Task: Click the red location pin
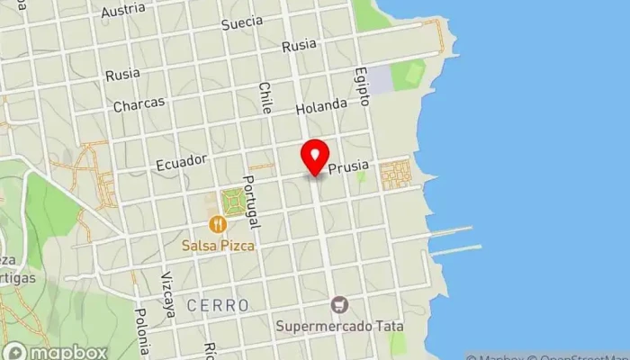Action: tap(315, 157)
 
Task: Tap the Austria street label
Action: tap(124, 11)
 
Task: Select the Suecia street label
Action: tap(242, 22)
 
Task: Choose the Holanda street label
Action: tap(321, 106)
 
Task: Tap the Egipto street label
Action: tap(362, 85)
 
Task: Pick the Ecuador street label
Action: tap(181, 162)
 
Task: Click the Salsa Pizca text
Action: tap(217, 245)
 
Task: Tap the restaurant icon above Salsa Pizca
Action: tap(216, 225)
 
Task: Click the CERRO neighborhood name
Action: tap(218, 306)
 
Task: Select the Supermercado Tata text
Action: tap(340, 325)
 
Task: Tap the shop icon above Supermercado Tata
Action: tap(339, 304)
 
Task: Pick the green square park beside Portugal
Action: tap(234, 201)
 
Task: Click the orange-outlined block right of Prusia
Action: tap(395, 174)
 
